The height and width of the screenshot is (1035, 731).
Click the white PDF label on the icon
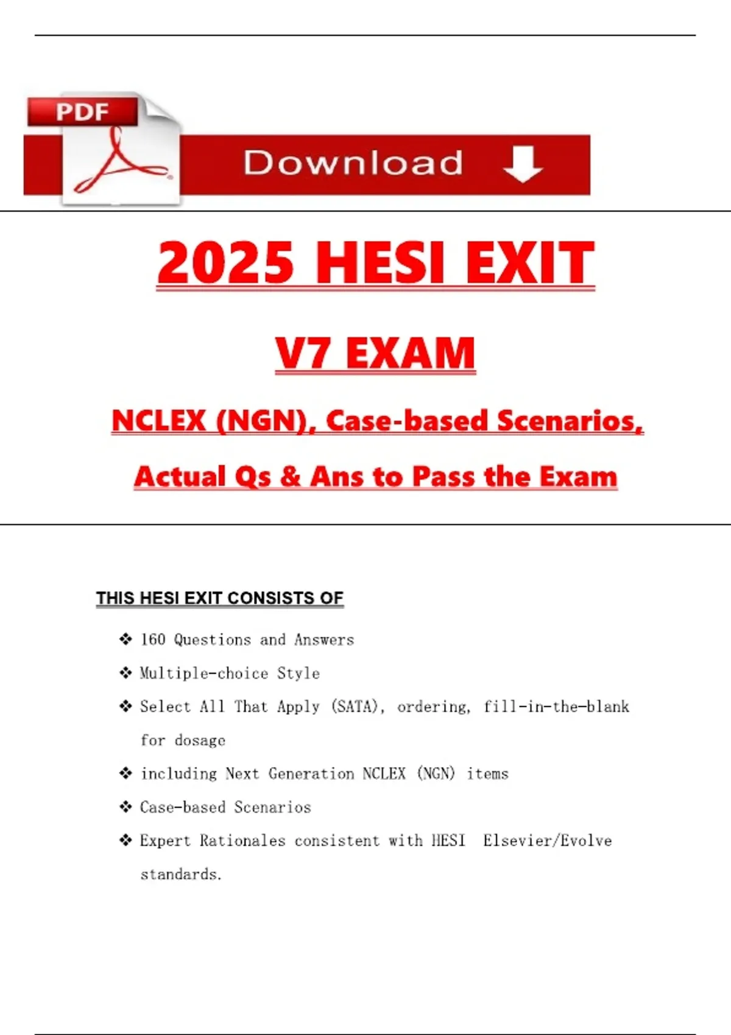(82, 113)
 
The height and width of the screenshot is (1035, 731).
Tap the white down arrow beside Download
(523, 164)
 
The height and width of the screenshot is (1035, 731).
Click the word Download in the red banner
(353, 163)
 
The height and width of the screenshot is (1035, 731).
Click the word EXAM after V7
(411, 354)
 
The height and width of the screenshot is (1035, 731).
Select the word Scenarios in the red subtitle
(570, 421)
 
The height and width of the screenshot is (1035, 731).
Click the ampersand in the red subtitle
(291, 477)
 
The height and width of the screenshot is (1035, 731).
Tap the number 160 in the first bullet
(153, 639)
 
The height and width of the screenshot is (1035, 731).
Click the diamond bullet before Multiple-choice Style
(125, 673)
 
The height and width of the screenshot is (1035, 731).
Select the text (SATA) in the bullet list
(356, 706)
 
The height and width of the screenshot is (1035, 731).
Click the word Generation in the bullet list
(311, 774)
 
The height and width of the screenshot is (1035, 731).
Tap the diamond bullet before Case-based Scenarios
(125, 807)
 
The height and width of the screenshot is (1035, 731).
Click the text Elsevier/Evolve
(547, 841)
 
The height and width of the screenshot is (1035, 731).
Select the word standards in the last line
(179, 874)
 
